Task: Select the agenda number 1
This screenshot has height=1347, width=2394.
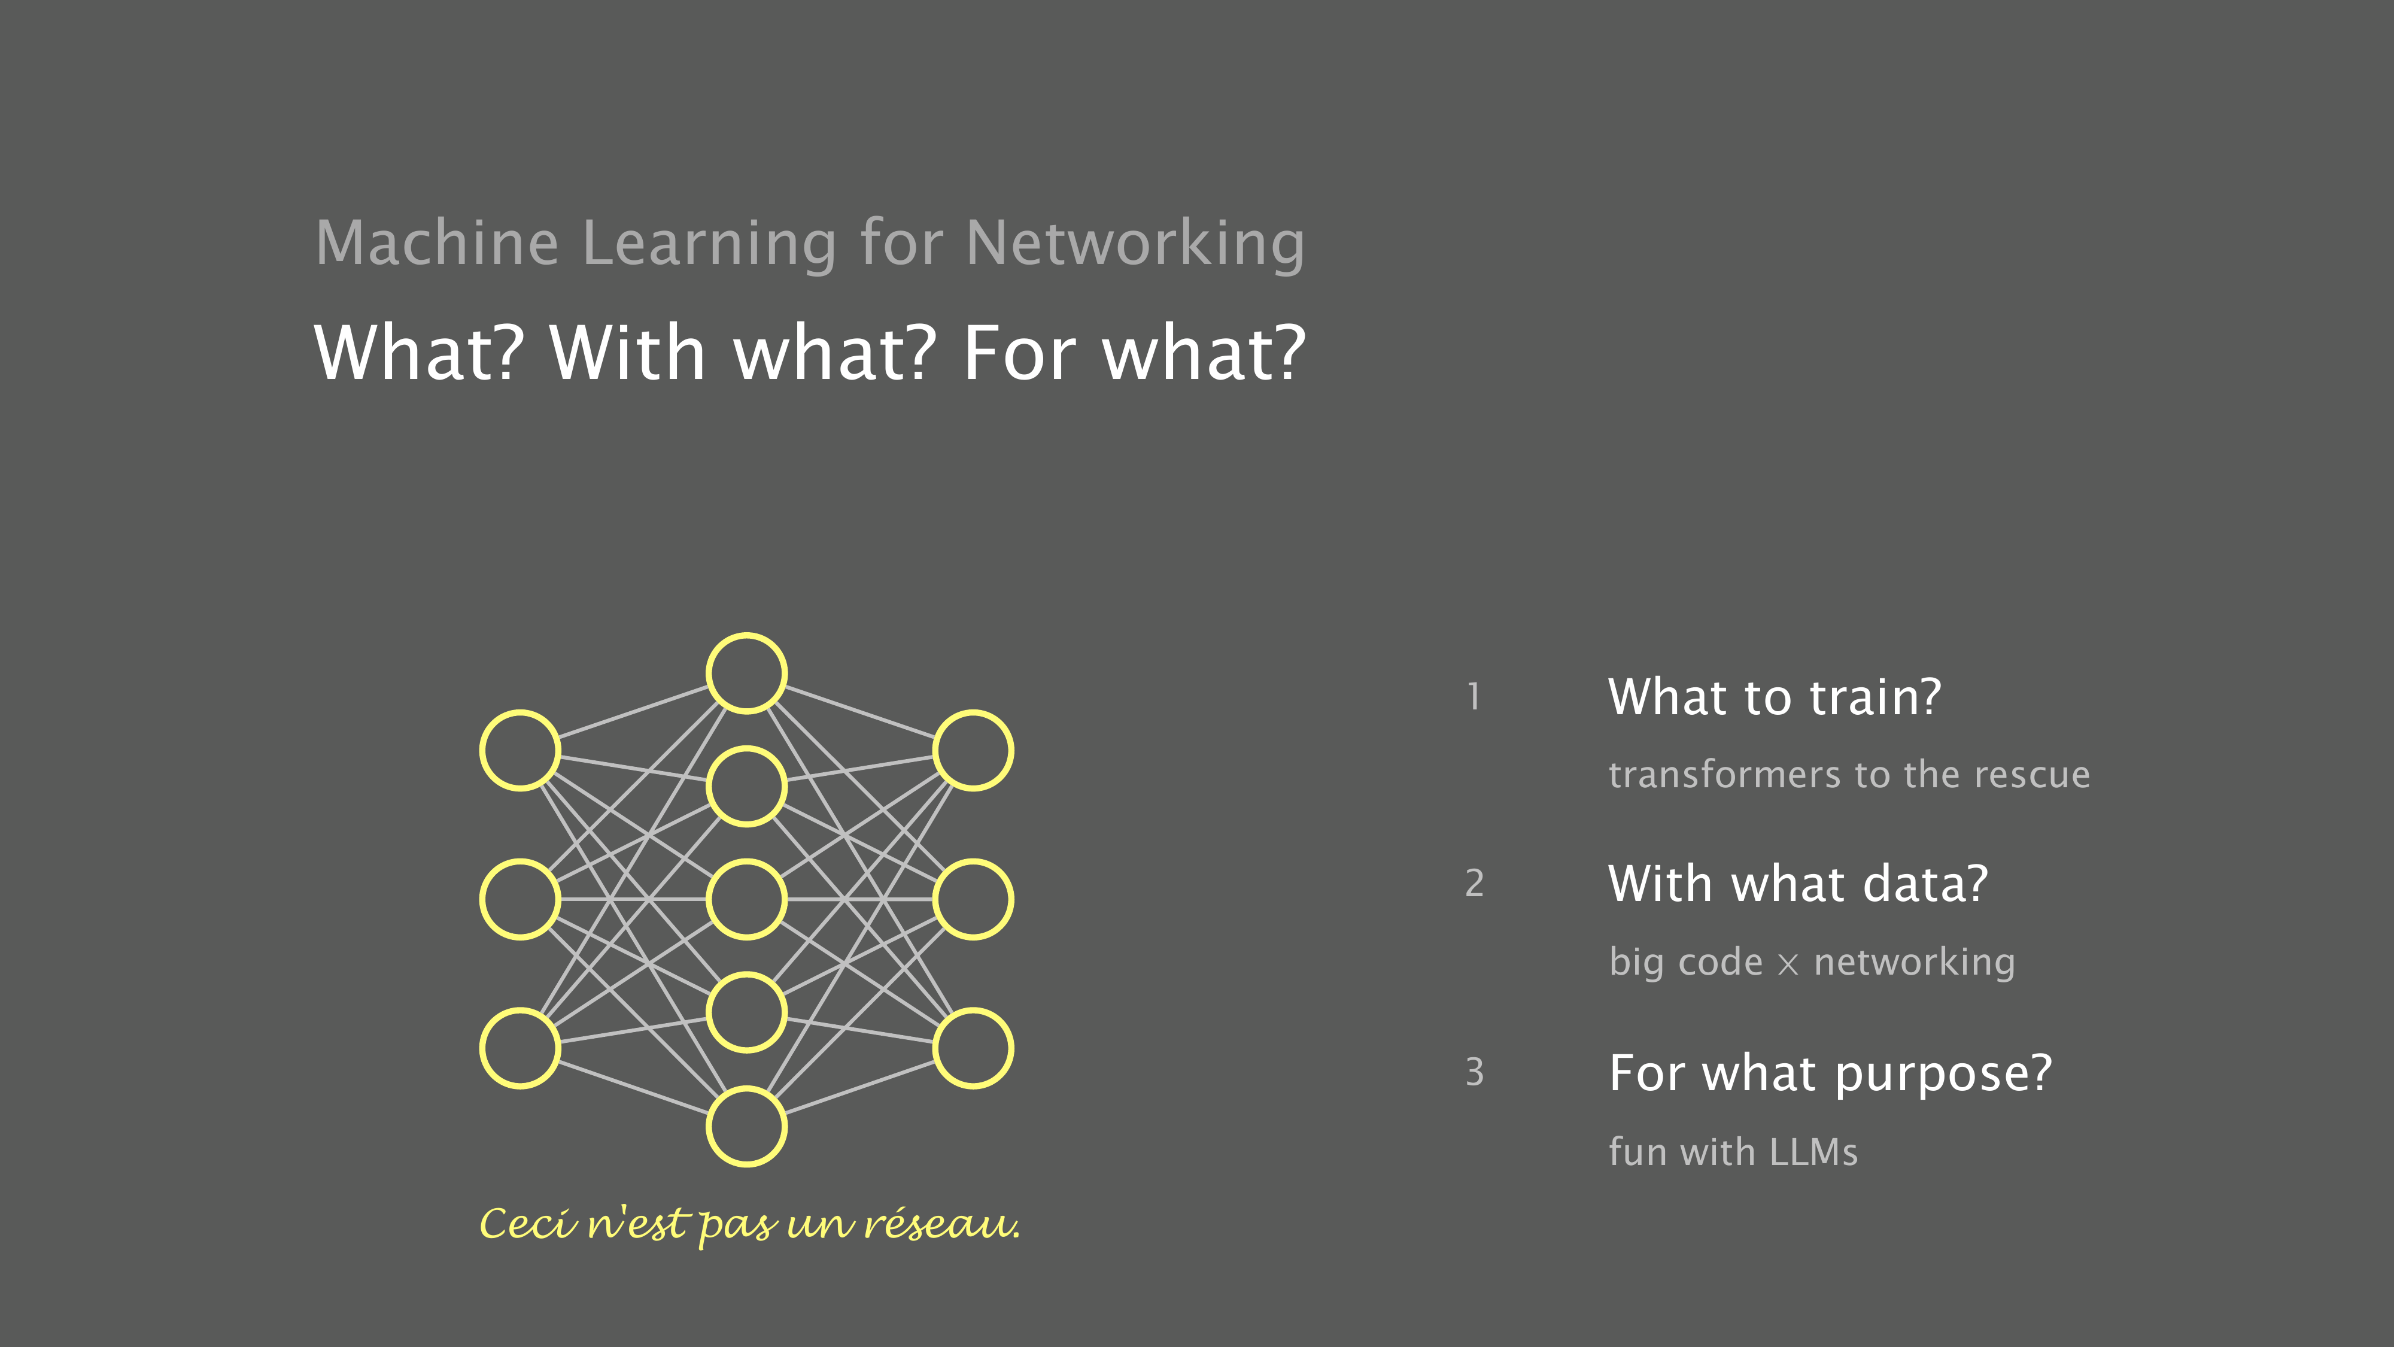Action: tap(1474, 696)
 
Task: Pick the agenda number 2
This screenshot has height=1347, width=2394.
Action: tap(1474, 883)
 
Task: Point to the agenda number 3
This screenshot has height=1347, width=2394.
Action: tap(1474, 1072)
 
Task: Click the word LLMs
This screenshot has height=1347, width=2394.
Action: tap(1813, 1152)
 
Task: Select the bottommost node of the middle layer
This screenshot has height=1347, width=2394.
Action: tap(746, 1088)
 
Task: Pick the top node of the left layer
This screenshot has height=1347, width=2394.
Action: tap(521, 711)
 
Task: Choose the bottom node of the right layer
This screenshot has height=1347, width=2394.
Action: tap(973, 1009)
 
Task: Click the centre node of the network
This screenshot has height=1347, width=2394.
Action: tap(746, 861)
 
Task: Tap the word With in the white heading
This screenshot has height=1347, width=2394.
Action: tap(627, 353)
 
